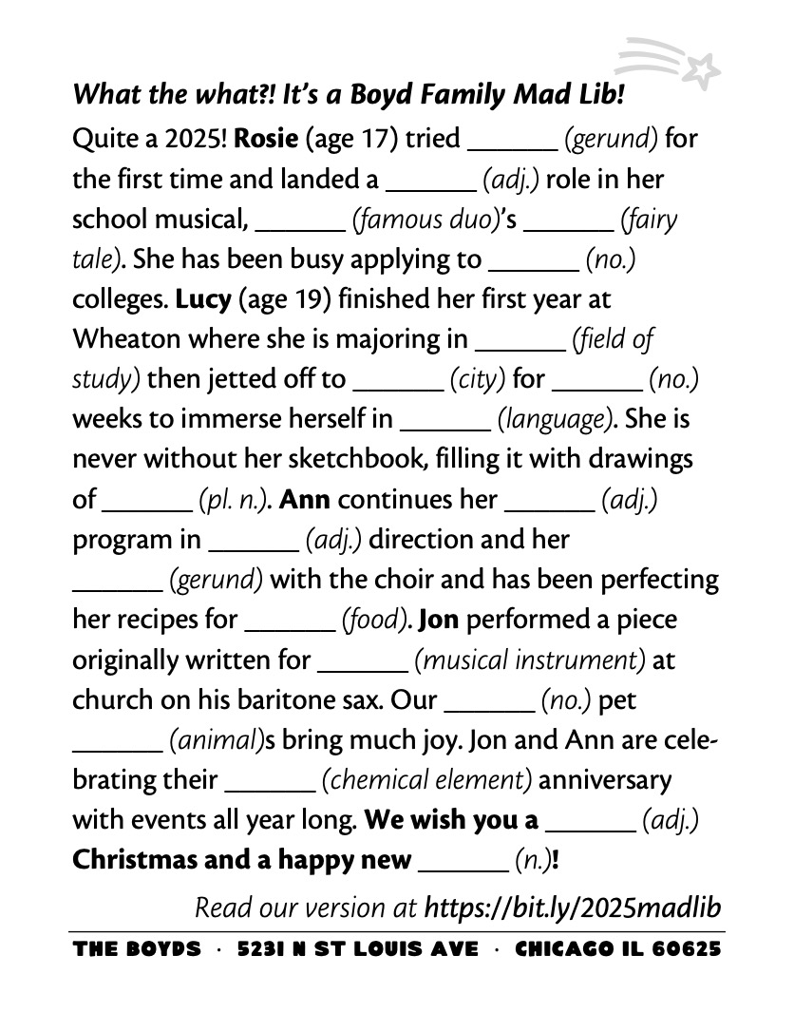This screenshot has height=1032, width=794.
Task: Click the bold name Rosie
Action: tap(266, 139)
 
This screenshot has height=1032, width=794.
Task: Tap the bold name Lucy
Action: tap(203, 299)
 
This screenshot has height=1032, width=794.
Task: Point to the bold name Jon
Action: tap(438, 620)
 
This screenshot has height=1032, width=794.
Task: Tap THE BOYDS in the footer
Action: tap(137, 950)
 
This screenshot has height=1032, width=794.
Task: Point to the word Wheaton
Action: tap(129, 339)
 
